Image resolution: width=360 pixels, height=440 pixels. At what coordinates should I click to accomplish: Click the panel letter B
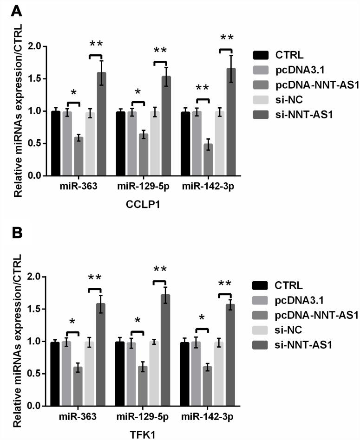16,233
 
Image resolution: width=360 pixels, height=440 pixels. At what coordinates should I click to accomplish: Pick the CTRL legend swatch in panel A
261,55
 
